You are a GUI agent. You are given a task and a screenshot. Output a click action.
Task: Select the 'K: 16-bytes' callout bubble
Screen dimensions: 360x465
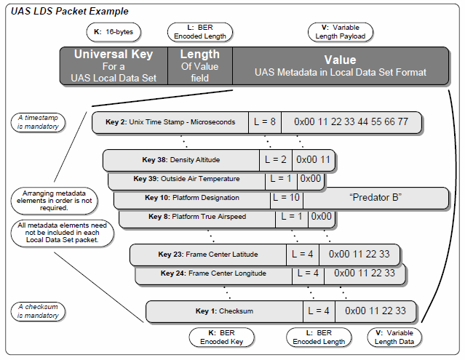pos(114,33)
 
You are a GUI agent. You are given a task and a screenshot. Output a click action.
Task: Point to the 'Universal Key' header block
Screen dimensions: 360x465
pos(114,65)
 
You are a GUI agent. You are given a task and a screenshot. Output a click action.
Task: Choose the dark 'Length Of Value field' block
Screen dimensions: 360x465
pos(200,65)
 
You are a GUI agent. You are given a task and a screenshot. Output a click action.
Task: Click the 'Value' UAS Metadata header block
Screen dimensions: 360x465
pos(341,65)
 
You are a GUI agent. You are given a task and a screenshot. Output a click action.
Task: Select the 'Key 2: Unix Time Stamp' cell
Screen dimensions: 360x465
pos(172,122)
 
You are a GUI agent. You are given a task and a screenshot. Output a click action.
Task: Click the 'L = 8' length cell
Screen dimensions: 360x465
pos(264,122)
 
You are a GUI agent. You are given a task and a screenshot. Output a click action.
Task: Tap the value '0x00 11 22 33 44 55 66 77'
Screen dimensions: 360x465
pos(351,122)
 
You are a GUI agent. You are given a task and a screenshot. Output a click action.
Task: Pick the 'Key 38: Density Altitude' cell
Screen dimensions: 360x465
pos(181,159)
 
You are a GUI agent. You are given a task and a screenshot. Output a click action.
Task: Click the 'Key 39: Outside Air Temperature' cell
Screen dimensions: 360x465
pos(186,179)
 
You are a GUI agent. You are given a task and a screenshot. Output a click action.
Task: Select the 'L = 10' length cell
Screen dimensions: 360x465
pos(285,198)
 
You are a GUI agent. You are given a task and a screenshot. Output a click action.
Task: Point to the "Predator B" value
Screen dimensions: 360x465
pos(375,198)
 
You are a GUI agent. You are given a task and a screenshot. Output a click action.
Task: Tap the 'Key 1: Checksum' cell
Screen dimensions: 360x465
pos(224,311)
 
